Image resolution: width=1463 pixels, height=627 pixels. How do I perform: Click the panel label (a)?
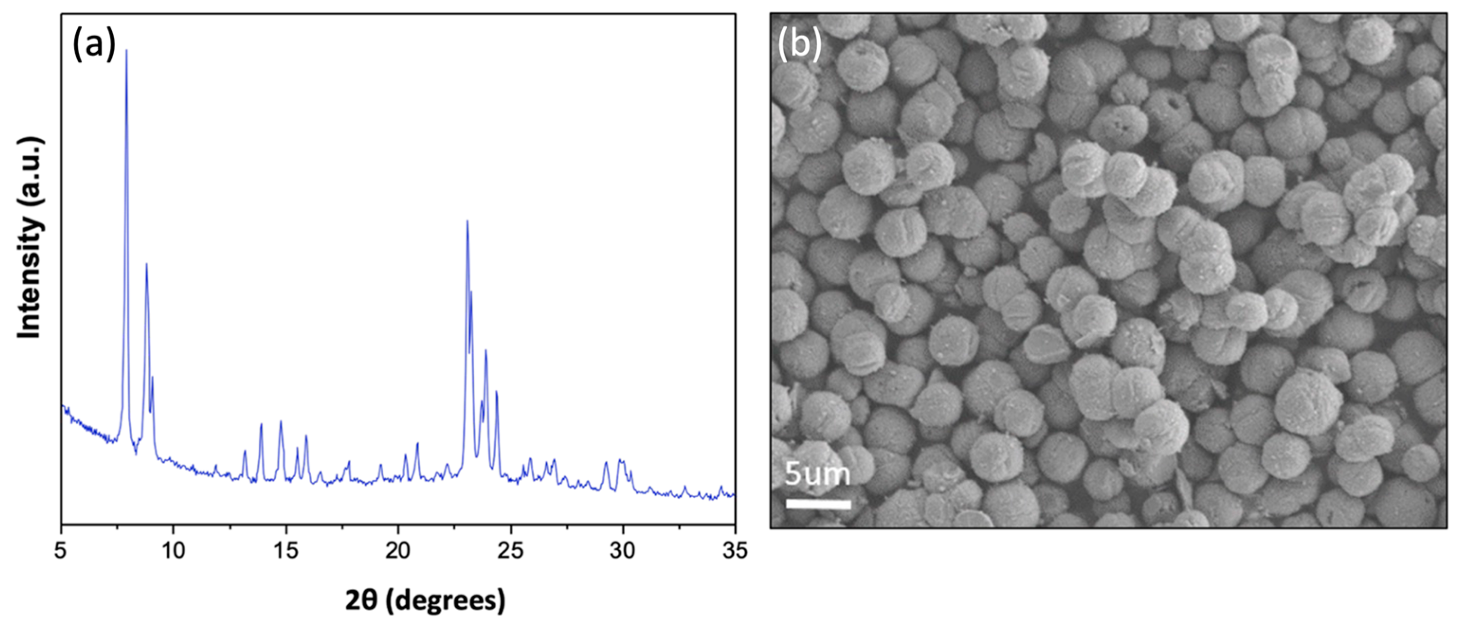[x=94, y=45]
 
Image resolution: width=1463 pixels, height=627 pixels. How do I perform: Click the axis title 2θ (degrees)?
[x=425, y=601]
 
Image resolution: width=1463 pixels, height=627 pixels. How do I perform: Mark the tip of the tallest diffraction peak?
[x=126, y=50]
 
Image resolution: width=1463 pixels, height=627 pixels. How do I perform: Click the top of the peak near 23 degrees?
[x=467, y=221]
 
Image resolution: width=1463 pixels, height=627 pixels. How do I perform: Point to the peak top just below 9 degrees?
[x=146, y=263]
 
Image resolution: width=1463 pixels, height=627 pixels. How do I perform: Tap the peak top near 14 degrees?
[x=261, y=424]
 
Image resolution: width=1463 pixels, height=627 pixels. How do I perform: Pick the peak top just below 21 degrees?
[x=417, y=444]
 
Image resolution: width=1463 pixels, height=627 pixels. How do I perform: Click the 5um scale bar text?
[x=817, y=474]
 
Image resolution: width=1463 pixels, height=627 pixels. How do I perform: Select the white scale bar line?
[x=818, y=504]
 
